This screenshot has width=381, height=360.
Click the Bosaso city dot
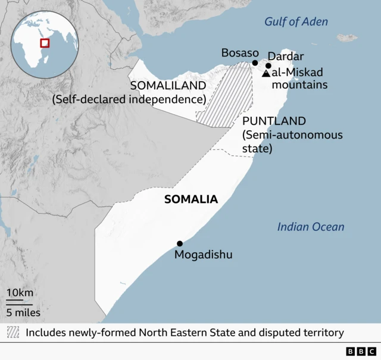pos(255,62)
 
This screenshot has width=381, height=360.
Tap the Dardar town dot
pos(268,66)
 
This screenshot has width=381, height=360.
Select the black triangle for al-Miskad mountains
pos(266,73)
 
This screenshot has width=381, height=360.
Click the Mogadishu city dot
pos(180,243)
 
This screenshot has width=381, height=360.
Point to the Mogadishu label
pos(203,255)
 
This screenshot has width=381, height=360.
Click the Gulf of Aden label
pos(296,22)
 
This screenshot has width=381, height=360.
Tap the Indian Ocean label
pos(311,227)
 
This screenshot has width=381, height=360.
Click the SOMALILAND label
pos(167,86)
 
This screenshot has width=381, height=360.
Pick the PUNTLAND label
pos(274,121)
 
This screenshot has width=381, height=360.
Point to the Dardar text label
pos(285,57)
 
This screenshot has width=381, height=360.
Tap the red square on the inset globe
pos(45,42)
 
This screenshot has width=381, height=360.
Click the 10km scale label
pos(20,293)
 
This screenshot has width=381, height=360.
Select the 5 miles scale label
pos(23,312)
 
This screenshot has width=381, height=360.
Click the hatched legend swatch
pos(14,332)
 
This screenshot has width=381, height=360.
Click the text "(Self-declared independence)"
pos(129,99)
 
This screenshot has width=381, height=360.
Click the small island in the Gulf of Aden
pos(346,37)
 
